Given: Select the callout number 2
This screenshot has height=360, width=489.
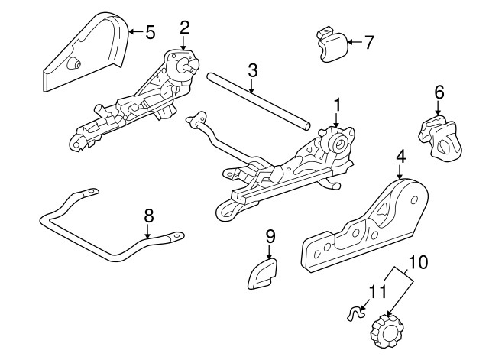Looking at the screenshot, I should [x=184, y=28].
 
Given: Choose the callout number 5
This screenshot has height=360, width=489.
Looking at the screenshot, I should [x=150, y=31].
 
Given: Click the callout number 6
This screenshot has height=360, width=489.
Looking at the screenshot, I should [x=439, y=92].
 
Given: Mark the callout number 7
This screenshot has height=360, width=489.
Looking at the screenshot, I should [x=369, y=42].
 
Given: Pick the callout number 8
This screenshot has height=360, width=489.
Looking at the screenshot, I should [x=149, y=216].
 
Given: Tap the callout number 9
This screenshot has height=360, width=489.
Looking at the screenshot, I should [x=270, y=236].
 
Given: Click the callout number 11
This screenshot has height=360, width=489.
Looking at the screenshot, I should [x=374, y=291].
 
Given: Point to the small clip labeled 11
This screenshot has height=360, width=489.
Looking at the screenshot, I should [x=355, y=313].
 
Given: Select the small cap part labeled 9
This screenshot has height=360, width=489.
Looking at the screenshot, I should [x=262, y=273].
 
